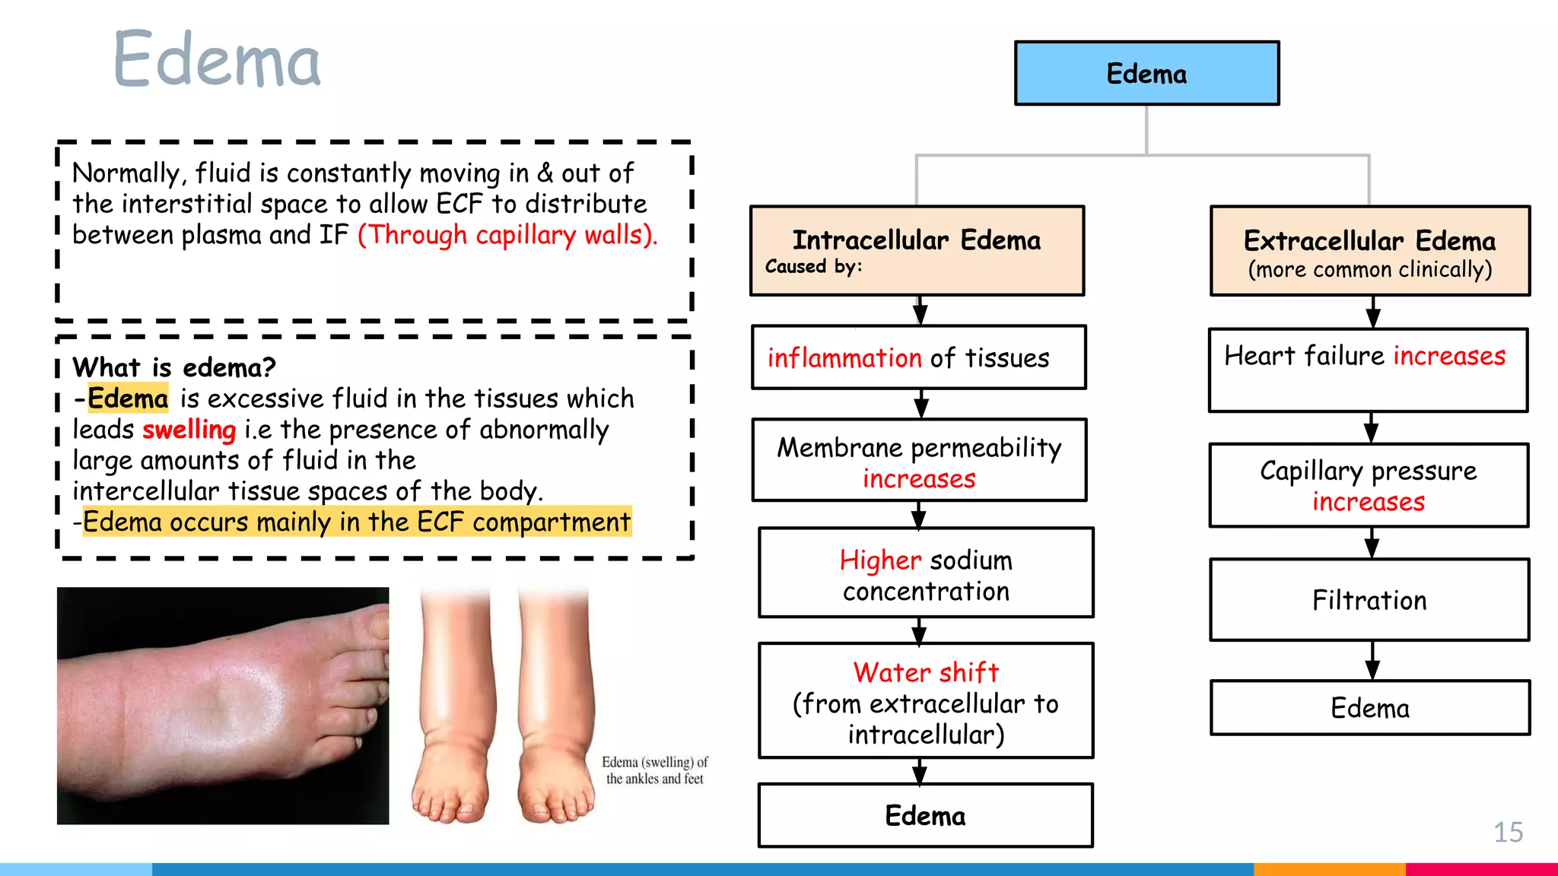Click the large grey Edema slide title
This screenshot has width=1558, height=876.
(217, 59)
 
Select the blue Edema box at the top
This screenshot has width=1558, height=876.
(1146, 73)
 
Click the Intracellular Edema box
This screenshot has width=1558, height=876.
(917, 250)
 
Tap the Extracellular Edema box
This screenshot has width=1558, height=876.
(1369, 251)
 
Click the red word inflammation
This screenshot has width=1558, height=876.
(844, 357)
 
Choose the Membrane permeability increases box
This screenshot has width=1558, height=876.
(919, 460)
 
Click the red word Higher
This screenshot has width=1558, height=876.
(880, 560)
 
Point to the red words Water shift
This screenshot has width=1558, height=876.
(926, 672)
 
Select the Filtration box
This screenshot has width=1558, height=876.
(1369, 600)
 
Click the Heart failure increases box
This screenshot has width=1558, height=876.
(1368, 370)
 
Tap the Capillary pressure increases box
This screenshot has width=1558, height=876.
(1369, 485)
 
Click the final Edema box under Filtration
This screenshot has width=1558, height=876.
(1369, 708)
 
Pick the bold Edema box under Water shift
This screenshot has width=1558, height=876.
(925, 815)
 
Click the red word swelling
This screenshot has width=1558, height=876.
(189, 430)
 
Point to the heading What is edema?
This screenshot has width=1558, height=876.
(174, 367)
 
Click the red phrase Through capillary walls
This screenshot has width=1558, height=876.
(507, 235)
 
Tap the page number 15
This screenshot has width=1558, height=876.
(1508, 832)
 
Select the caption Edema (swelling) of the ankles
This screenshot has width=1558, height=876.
(654, 770)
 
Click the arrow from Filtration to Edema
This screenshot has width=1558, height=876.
(1372, 660)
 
